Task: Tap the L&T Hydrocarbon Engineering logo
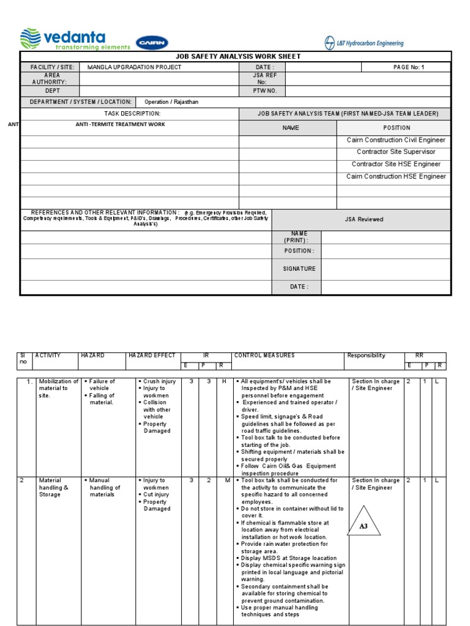pyautogui.click(x=364, y=43)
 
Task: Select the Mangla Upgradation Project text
pyautogui.click(x=134, y=67)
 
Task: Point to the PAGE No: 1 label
pyautogui.click(x=408, y=67)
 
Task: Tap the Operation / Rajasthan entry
pyautogui.click(x=171, y=102)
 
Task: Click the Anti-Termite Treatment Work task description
pyautogui.click(x=120, y=124)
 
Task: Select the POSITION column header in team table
pyautogui.click(x=397, y=128)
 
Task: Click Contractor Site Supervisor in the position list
pyautogui.click(x=397, y=152)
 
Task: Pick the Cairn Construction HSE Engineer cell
pyautogui.click(x=397, y=176)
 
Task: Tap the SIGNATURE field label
pyautogui.click(x=299, y=268)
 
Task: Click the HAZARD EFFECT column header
pyautogui.click(x=152, y=355)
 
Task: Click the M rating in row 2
pyautogui.click(x=227, y=481)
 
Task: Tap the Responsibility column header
pyautogui.click(x=366, y=355)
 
